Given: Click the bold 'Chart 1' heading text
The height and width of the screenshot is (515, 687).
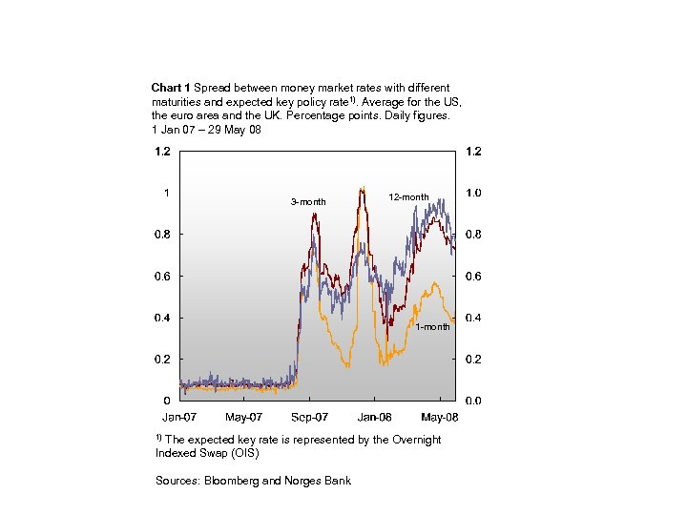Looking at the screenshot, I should click(x=171, y=88).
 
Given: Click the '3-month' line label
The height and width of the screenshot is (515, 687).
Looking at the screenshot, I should click(x=308, y=202).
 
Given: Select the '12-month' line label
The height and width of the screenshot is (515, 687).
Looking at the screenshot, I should click(x=408, y=197).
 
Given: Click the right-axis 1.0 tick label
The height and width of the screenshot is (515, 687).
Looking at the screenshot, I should click(x=473, y=193).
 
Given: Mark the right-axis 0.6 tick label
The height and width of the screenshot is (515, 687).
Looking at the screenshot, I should click(x=473, y=277).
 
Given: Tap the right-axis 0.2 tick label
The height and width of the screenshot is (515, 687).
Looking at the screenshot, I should click(x=473, y=360).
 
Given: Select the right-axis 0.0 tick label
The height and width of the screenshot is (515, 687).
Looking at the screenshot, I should click(x=473, y=402).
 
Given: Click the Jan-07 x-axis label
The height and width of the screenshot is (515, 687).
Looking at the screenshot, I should click(x=178, y=418).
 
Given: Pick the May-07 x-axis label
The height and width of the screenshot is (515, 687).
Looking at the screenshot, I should click(x=243, y=418).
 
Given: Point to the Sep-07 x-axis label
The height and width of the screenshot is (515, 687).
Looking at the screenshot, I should click(x=309, y=418).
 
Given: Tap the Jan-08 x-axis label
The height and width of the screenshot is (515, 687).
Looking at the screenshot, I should click(x=374, y=418).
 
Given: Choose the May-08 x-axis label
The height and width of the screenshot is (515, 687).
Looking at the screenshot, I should click(x=440, y=418).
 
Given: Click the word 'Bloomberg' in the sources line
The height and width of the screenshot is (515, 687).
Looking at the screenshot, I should click(x=229, y=481).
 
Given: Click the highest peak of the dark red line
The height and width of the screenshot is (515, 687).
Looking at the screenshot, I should click(x=361, y=190).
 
